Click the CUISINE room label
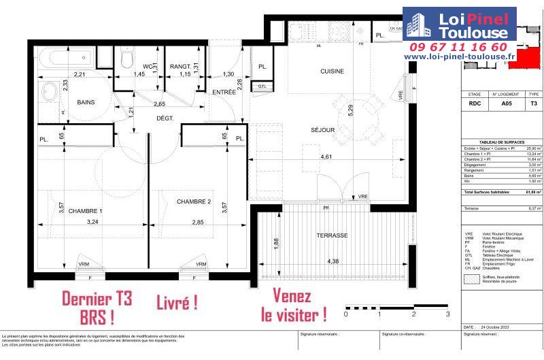point(333,71)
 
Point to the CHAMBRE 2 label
point(194,201)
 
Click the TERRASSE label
point(332,235)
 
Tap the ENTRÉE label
point(224,92)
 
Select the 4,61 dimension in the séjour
point(327,157)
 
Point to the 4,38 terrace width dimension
point(333,261)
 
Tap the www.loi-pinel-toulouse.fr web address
point(460,57)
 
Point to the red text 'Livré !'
point(177,303)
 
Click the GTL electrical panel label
point(262,86)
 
